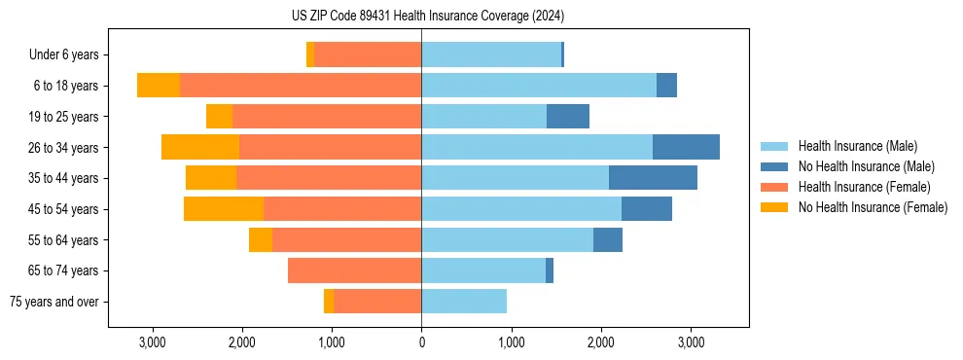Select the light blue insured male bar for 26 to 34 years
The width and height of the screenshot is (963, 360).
[x=536, y=147]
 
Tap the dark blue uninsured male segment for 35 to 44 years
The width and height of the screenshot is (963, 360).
[x=653, y=178]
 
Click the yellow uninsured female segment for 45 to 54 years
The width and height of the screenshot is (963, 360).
[x=223, y=208]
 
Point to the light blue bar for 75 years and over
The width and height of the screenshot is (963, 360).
[x=464, y=302]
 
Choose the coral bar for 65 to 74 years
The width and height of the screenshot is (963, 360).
[x=354, y=270]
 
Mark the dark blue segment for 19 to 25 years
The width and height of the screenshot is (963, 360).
[x=568, y=117]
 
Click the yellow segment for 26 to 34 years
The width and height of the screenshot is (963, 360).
[x=200, y=147]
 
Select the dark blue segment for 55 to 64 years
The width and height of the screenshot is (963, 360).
[x=608, y=239]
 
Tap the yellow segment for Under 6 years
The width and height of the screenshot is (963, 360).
[x=310, y=54]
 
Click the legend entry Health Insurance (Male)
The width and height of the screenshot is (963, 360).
[x=857, y=146]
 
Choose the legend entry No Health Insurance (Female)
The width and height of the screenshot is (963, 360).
[x=872, y=207]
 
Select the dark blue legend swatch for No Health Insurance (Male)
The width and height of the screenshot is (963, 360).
[x=774, y=166]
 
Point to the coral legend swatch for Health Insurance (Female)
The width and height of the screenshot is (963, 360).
[x=774, y=187]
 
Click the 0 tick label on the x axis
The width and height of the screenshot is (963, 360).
[x=421, y=342]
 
